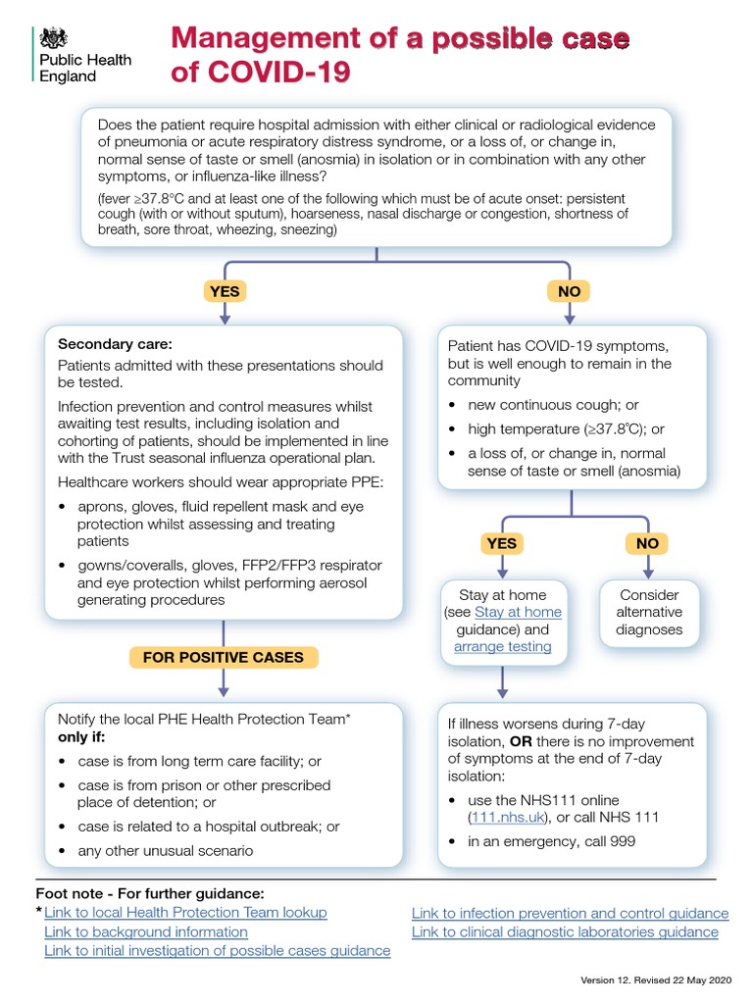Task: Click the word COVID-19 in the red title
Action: pos(283,73)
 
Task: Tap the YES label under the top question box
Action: pos(225,291)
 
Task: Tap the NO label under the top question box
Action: pos(569,291)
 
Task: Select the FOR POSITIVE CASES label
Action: pos(224,657)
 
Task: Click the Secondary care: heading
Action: pos(115,344)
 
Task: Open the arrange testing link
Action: pos(502,646)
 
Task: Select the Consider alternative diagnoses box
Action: pos(649,612)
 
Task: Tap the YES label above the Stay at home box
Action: pos(501,543)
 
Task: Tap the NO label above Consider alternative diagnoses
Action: pos(647,543)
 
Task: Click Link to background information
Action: pos(146,931)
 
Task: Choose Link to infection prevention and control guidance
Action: pos(570,913)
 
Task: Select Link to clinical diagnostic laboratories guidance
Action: pos(565,931)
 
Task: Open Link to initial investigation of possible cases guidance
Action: pos(217,950)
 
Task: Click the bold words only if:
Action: pos(87,736)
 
